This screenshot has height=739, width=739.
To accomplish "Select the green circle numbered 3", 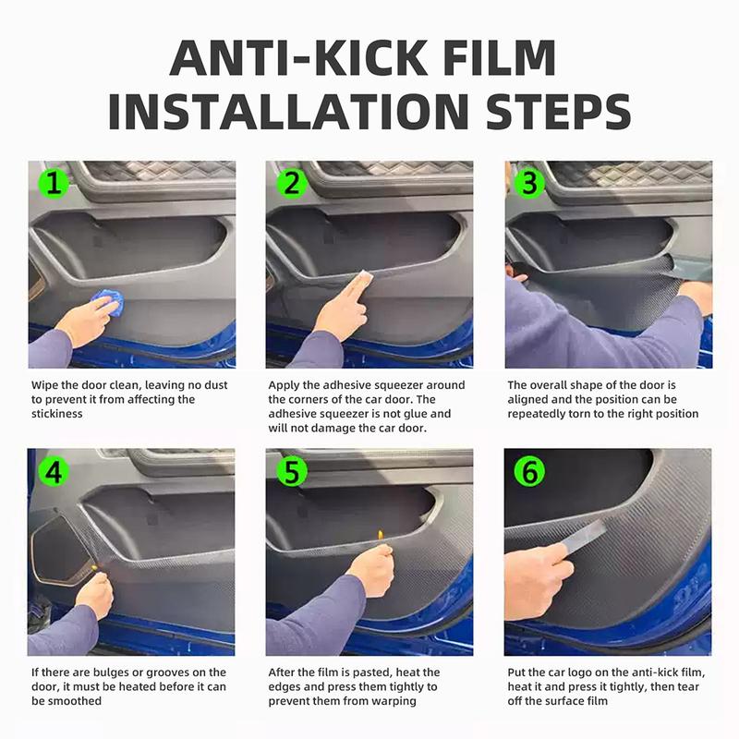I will tap(529, 184).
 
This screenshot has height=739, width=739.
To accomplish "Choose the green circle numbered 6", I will tap(529, 472).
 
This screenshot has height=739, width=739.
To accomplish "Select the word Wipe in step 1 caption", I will tap(45, 384).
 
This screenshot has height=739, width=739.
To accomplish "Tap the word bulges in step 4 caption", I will tap(107, 672).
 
